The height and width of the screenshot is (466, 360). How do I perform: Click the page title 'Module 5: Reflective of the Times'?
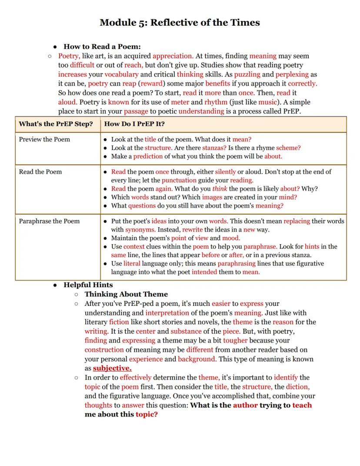[x=180, y=23]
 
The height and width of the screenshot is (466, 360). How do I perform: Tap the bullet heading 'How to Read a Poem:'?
[x=102, y=47]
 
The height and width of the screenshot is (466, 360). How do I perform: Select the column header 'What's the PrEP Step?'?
[x=56, y=124]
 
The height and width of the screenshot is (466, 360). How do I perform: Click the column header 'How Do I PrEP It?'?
[x=134, y=124]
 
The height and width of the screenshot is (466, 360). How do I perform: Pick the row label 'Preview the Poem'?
[x=44, y=139]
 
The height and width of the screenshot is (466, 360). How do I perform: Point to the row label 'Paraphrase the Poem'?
[x=49, y=221]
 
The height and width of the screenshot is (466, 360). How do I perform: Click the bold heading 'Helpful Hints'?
[x=88, y=285]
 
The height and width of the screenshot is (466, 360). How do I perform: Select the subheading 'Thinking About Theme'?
[x=126, y=294]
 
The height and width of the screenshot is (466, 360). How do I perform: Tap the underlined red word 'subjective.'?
[x=112, y=368]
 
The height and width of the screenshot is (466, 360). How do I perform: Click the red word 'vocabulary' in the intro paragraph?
[x=121, y=74]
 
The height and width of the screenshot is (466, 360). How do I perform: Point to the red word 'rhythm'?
[x=216, y=102]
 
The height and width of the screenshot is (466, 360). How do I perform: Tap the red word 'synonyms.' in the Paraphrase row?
[x=140, y=229]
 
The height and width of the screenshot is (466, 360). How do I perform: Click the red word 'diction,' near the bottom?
[x=297, y=387]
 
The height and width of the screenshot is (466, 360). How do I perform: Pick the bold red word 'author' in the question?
[x=245, y=405]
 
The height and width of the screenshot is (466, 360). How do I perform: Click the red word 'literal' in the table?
[x=132, y=264]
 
